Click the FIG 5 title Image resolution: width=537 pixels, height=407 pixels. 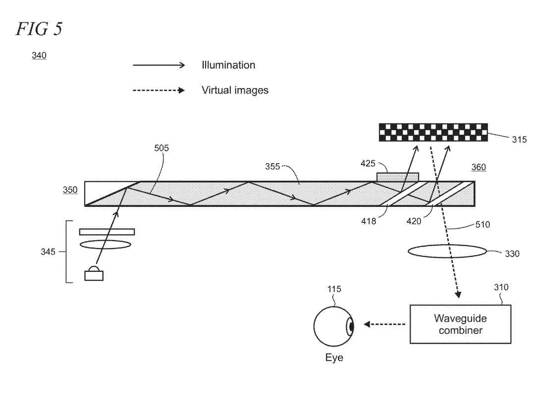(39, 28)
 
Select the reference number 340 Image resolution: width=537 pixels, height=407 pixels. (39, 55)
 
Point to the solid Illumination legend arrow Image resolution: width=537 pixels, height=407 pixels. (159, 65)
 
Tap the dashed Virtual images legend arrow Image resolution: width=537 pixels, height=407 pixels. (159, 91)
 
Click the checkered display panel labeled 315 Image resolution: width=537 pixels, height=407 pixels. (433, 133)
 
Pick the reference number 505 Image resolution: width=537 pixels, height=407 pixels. (161, 148)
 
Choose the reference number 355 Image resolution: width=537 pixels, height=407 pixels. (272, 166)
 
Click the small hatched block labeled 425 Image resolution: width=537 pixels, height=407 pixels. (398, 177)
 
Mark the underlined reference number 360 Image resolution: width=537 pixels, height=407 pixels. (479, 167)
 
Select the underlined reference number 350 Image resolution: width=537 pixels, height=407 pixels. (70, 190)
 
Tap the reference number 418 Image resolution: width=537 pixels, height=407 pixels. (369, 221)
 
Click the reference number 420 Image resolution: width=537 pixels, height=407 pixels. (414, 221)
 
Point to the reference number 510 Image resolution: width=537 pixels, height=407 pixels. (483, 225)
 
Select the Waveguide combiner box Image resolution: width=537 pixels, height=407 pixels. (461, 324)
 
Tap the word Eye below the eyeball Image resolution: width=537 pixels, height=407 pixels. (334, 357)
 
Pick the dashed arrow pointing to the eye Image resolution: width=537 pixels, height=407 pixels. (384, 324)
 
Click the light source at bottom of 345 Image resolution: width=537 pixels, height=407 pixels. (94, 273)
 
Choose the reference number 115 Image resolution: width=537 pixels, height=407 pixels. (334, 289)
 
